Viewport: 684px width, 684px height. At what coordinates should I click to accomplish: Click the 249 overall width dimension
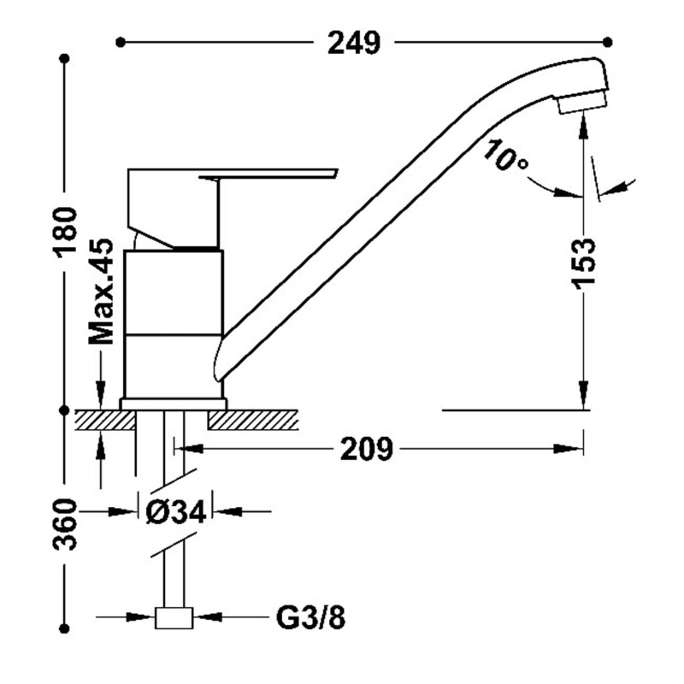point(354,43)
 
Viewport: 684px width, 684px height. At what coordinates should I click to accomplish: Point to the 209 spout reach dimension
point(367,448)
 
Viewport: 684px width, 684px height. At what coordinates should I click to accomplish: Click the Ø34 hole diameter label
point(176,511)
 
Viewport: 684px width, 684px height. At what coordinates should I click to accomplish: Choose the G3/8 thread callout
point(310,617)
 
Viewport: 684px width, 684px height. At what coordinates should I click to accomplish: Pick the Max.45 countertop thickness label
point(101,292)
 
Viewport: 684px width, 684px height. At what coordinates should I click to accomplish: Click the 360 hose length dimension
point(65,524)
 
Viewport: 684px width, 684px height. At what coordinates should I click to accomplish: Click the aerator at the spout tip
point(582,103)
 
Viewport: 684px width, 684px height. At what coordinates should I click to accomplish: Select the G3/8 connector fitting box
point(174,617)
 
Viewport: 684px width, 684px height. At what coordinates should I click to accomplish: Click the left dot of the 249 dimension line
point(121,42)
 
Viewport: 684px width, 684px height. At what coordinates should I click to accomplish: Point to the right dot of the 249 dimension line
point(608,42)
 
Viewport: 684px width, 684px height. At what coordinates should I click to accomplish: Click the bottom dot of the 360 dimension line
point(65,628)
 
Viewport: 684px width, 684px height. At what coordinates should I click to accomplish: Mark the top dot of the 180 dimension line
point(65,58)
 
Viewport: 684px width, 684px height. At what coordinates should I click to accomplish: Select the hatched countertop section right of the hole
point(253,420)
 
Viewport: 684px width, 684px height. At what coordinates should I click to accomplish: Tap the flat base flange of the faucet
point(174,404)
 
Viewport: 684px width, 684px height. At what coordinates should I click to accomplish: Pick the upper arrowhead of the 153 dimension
point(583,127)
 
